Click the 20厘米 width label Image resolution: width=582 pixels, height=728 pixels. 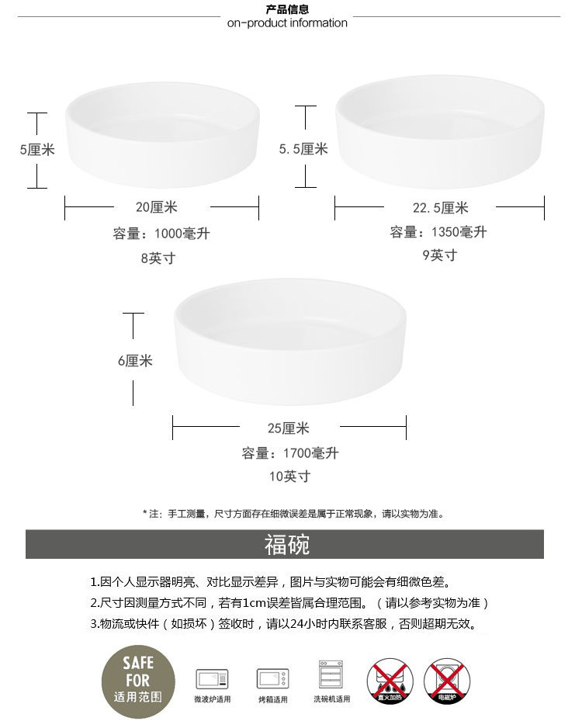pyautogui.click(x=157, y=207)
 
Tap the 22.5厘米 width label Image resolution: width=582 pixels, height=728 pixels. pyautogui.click(x=440, y=208)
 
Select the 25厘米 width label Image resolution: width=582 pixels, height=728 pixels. pyautogui.click(x=289, y=428)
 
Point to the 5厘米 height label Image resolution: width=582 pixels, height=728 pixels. pyautogui.click(x=37, y=150)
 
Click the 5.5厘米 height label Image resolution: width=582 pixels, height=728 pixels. pyautogui.click(x=303, y=149)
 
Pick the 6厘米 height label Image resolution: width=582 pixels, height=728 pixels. pyautogui.click(x=135, y=361)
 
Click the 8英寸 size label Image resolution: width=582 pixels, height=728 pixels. pyautogui.click(x=158, y=258)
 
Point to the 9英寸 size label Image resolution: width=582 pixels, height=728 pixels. pyautogui.click(x=440, y=255)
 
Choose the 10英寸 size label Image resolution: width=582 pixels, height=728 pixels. pyautogui.click(x=289, y=477)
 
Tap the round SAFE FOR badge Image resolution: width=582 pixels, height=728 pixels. pyautogui.click(x=138, y=680)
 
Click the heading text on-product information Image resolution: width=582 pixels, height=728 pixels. pyautogui.click(x=287, y=23)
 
